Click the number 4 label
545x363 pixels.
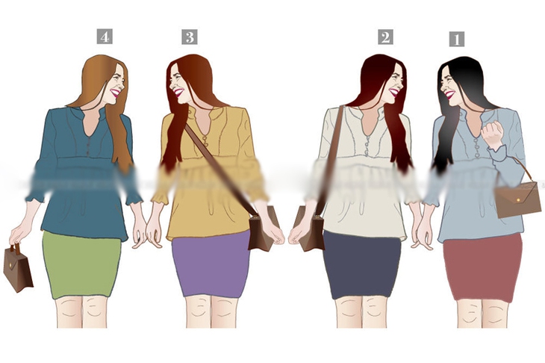[x=105, y=37]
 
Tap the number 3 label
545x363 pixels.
[x=190, y=37]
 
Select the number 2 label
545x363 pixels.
[x=385, y=37]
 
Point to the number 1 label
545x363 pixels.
[x=457, y=39]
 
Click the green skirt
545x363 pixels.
[x=82, y=265]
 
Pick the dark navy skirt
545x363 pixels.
[x=362, y=265]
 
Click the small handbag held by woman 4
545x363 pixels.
[x=18, y=267]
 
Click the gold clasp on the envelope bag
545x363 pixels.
[x=519, y=200]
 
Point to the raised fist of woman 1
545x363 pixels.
[x=492, y=134]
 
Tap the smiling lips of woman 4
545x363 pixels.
[x=115, y=93]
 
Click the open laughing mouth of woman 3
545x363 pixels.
[x=178, y=93]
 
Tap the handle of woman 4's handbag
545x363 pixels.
[x=15, y=247]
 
